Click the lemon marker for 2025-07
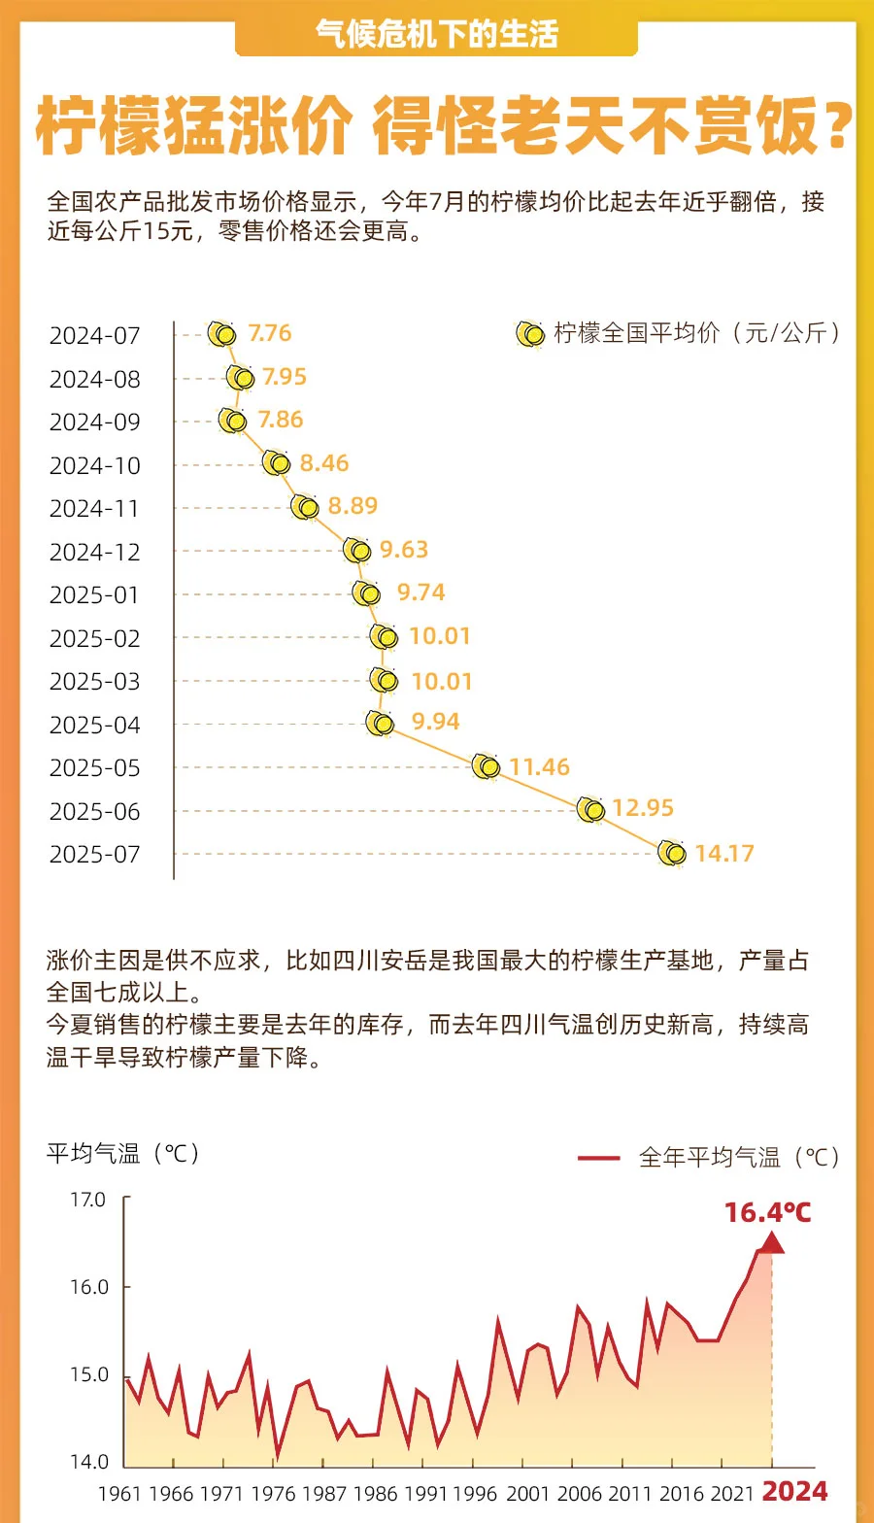[x=671, y=853]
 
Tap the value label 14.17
[x=724, y=854]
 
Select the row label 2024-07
[x=95, y=336]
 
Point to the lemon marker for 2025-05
[x=486, y=766]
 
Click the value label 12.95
[x=643, y=808]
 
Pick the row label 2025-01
[x=95, y=595]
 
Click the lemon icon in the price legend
[x=529, y=334]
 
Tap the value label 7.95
[x=285, y=377]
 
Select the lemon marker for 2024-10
[x=277, y=463]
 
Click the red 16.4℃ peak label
[x=767, y=1212]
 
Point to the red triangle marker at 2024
[x=772, y=1242]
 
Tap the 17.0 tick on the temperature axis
[x=87, y=1200]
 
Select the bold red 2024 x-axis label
[x=794, y=1492]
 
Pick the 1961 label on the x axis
[x=119, y=1494]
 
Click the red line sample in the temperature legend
[x=598, y=1158]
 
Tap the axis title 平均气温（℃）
[x=124, y=1154]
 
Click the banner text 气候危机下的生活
[x=437, y=35]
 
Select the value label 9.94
[x=435, y=722]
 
